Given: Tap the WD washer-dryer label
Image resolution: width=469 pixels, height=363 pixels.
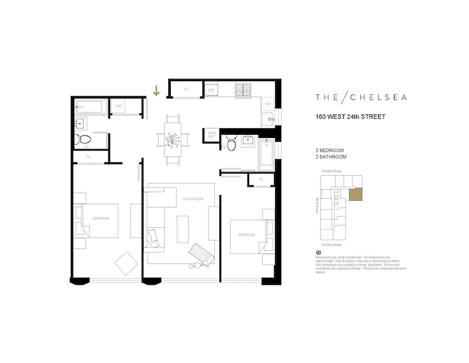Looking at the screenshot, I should [119, 106].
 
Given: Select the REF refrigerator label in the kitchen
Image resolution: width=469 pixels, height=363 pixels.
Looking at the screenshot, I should [211, 90].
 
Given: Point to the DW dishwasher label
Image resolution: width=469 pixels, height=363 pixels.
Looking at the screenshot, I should [268, 104].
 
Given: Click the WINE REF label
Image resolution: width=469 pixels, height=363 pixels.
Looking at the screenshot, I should [211, 135].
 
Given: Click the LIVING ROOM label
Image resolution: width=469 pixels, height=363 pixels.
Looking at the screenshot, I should [193, 199].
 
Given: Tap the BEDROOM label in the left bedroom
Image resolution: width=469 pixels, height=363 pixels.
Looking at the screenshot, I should [101, 218].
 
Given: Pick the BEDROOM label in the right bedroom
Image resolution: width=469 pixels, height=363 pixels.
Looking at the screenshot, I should [247, 235].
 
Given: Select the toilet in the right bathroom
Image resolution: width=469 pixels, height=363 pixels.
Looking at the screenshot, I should [232, 144].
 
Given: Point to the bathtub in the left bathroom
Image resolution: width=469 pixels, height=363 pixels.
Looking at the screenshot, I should [91, 108].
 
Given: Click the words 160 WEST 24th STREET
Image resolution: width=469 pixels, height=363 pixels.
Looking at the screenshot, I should [350, 117].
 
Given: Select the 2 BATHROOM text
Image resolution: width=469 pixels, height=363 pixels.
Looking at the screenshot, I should [331, 157].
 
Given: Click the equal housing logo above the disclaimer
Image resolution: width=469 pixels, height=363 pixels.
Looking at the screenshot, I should [318, 253].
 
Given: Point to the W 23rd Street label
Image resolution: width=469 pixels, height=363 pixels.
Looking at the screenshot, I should [332, 245].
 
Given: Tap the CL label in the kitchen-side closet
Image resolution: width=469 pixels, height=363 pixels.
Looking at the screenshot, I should [186, 89].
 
